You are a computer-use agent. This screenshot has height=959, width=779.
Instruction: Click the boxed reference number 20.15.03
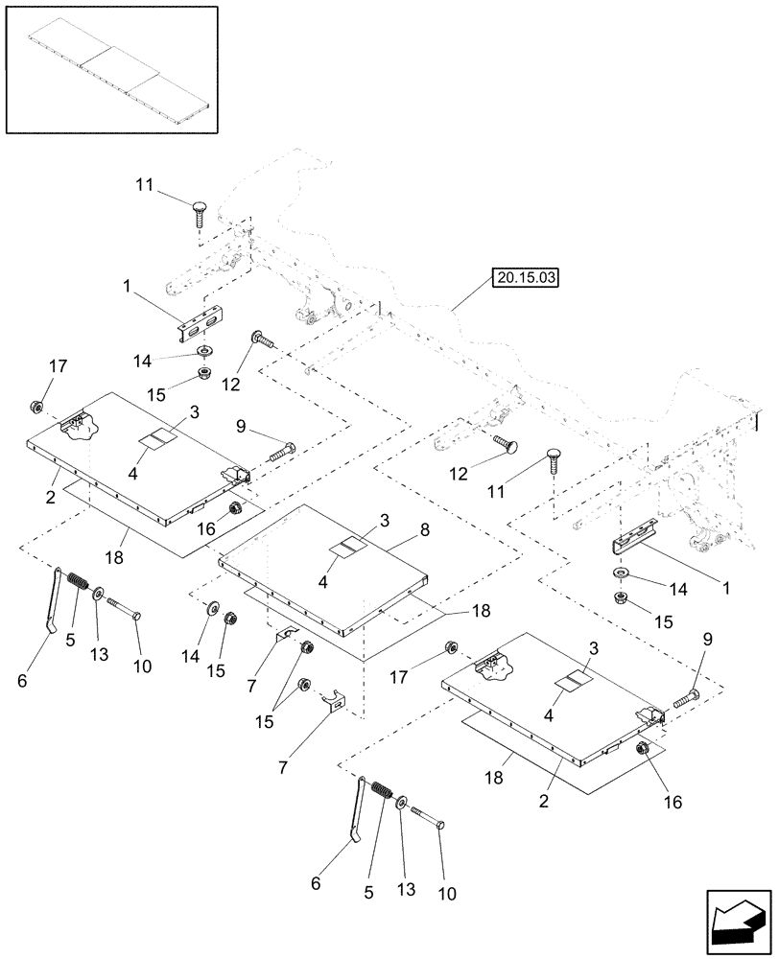(526, 278)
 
